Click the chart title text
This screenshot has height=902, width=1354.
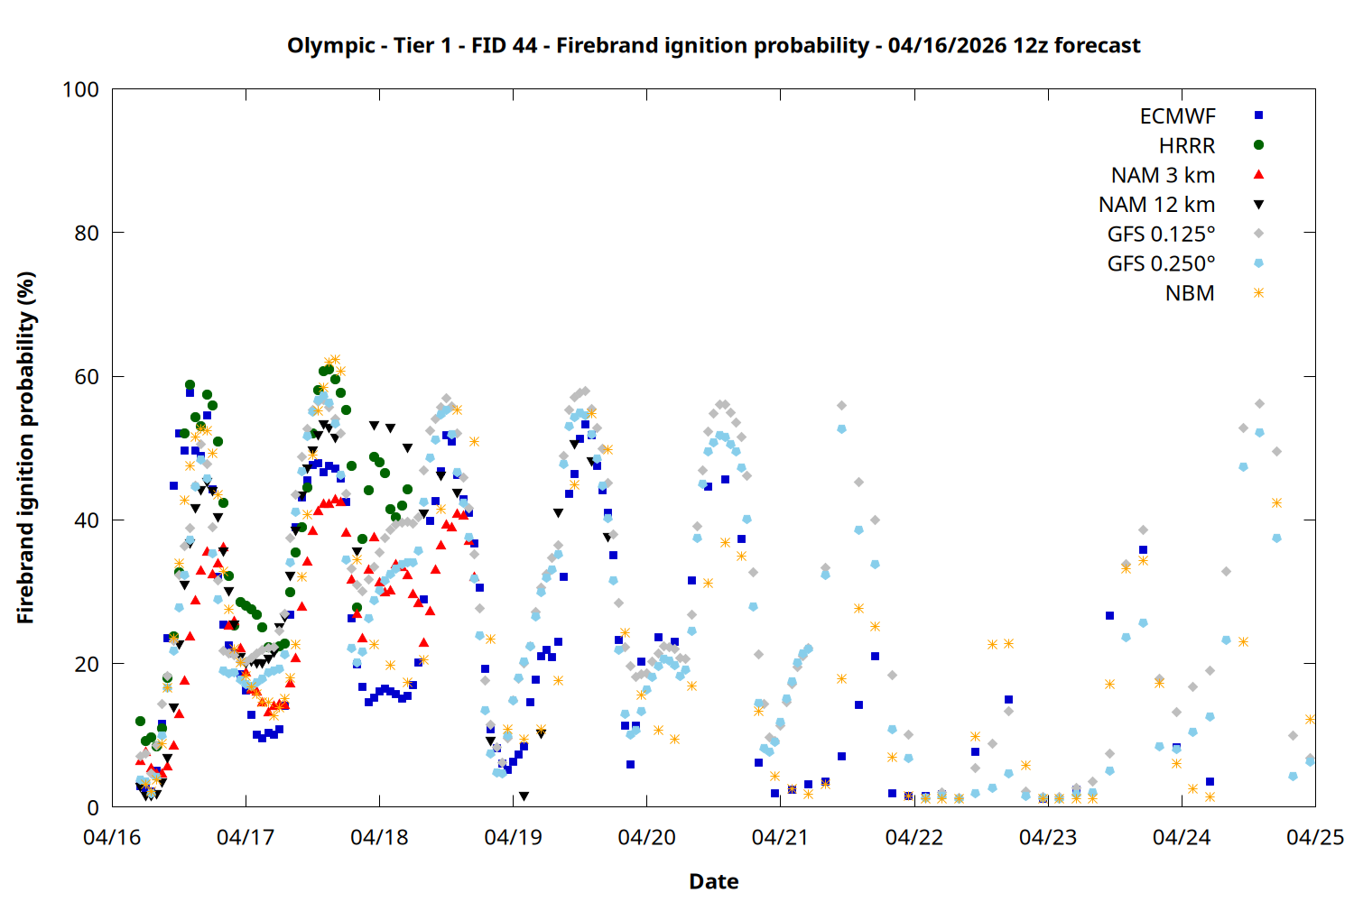[x=713, y=45]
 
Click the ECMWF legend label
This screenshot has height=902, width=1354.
[x=1177, y=116]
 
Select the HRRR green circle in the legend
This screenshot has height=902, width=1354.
[x=1258, y=145]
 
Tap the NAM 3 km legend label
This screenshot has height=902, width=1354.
[x=1163, y=175]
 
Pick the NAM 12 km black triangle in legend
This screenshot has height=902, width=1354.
[x=1258, y=205]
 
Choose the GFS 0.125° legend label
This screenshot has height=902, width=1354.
[x=1161, y=235]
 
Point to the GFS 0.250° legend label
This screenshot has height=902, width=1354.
[x=1161, y=264]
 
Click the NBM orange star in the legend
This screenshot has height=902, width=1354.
[x=1258, y=293]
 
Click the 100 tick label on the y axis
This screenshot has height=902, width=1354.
[x=80, y=90]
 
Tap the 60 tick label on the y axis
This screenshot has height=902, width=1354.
[x=87, y=377]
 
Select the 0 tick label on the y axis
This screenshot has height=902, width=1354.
[x=93, y=808]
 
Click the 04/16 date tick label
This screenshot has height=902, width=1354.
[x=112, y=838]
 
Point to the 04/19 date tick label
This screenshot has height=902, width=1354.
[x=513, y=838]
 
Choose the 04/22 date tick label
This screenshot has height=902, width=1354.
[x=913, y=838]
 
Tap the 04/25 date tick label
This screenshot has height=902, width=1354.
[x=1314, y=838]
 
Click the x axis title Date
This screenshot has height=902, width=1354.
[x=713, y=881]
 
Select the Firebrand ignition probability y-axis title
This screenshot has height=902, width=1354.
[x=25, y=447]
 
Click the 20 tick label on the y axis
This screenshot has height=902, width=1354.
[x=87, y=665]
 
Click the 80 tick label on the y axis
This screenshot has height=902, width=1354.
[x=87, y=234]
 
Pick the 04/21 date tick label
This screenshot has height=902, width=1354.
[x=780, y=838]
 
